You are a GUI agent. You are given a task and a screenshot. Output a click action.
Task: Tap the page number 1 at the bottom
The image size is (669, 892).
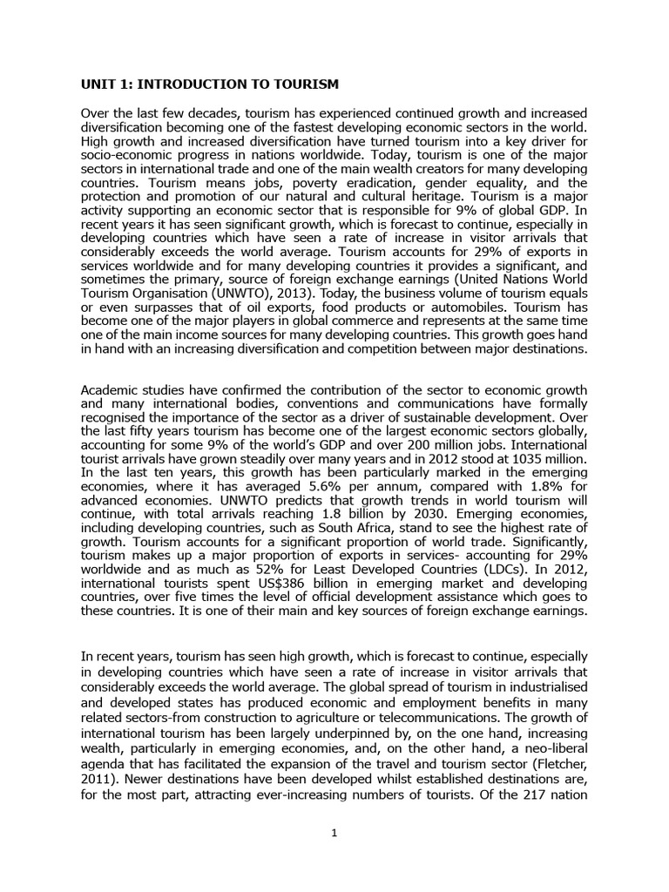pos(334,834)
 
